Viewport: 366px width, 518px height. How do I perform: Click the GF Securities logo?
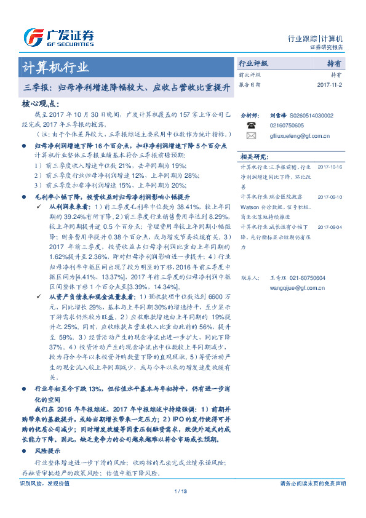[58, 37]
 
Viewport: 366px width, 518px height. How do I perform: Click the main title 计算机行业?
[55, 67]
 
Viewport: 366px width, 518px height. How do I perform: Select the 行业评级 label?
[253, 63]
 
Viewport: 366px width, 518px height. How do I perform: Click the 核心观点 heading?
[40, 104]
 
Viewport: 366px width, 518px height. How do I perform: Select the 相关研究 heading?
[253, 157]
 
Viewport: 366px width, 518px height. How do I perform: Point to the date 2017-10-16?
[333, 167]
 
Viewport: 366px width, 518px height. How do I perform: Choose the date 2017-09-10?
[333, 197]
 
